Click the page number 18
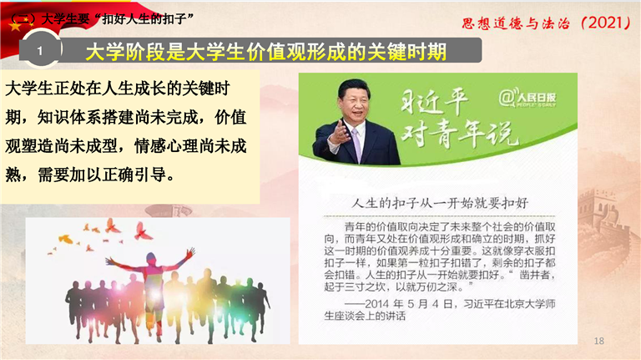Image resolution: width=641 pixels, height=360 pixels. tap(598, 341)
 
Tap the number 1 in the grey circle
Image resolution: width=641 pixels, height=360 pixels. tap(40, 51)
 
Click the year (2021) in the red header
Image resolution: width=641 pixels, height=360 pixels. tap(606, 23)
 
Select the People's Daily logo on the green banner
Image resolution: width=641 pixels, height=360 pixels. tap(527, 99)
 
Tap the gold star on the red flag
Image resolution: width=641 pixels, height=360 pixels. tap(15, 27)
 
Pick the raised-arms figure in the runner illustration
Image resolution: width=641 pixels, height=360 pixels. tap(150, 286)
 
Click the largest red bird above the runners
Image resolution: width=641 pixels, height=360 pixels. tap(142, 231)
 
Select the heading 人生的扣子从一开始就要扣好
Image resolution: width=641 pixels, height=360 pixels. tap(440, 203)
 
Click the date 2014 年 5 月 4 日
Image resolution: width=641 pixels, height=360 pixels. tap(408, 304)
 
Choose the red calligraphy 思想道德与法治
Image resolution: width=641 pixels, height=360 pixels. tap(516, 23)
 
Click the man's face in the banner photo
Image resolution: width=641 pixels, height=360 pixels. tap(354, 104)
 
